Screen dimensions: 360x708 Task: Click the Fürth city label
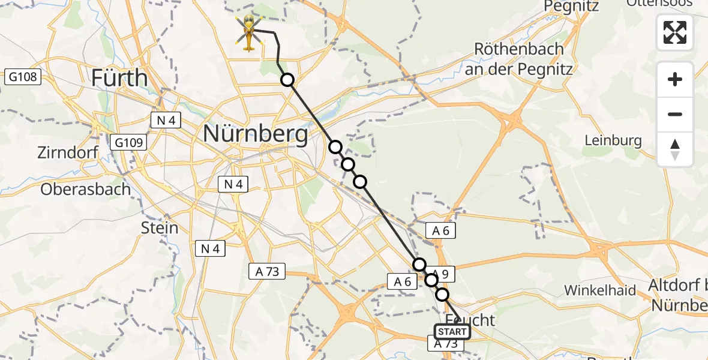tap(120, 78)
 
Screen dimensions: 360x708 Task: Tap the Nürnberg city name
tap(256, 133)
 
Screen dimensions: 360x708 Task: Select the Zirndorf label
tap(67, 152)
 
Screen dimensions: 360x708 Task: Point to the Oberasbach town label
tap(85, 189)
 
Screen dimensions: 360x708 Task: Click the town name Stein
tap(160, 227)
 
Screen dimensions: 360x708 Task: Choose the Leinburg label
tap(613, 141)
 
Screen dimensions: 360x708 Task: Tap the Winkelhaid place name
tap(600, 290)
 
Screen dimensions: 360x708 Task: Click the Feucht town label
tap(471, 319)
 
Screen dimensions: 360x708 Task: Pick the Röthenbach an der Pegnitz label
tap(519, 58)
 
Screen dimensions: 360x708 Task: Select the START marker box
tap(452, 332)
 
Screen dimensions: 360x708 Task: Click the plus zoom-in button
tap(675, 80)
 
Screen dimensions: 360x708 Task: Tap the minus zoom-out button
tap(675, 114)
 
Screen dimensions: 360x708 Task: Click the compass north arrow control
tap(675, 149)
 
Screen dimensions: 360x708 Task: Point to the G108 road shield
tap(23, 77)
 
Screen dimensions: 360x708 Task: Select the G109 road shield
tap(128, 142)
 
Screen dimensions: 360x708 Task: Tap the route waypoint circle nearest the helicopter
tap(288, 80)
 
